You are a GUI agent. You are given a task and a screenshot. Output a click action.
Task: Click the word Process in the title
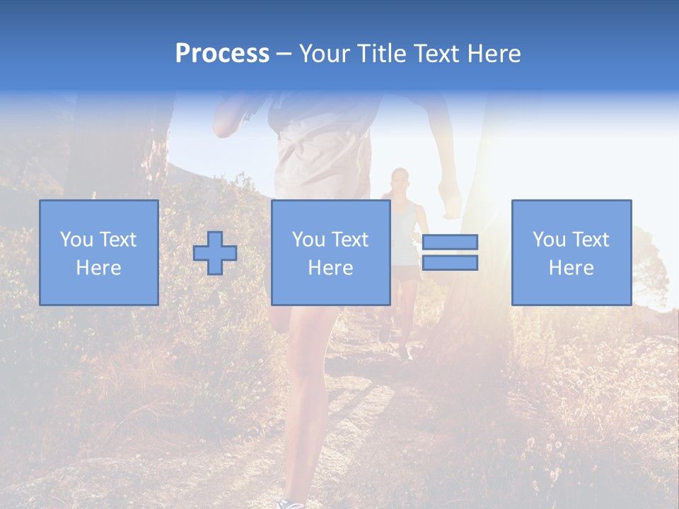[x=222, y=54]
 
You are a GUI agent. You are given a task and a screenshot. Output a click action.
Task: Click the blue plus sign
[x=215, y=253]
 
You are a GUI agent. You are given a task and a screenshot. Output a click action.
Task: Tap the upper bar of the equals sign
[x=450, y=242]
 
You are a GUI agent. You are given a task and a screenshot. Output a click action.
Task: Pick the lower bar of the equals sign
[x=450, y=263]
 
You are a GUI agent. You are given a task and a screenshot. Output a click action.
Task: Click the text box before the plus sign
[x=98, y=252]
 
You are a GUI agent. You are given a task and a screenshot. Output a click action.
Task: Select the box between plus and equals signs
[x=330, y=252]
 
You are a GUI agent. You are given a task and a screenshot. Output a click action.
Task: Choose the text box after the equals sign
[x=571, y=252]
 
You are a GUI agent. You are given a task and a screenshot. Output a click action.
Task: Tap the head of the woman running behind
[x=400, y=178]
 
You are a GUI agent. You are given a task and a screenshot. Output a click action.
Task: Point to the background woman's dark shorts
[x=405, y=272]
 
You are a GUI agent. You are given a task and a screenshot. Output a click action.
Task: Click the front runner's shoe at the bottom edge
[x=290, y=503]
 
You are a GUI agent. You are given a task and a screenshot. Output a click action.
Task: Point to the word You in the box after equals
[x=549, y=240]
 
